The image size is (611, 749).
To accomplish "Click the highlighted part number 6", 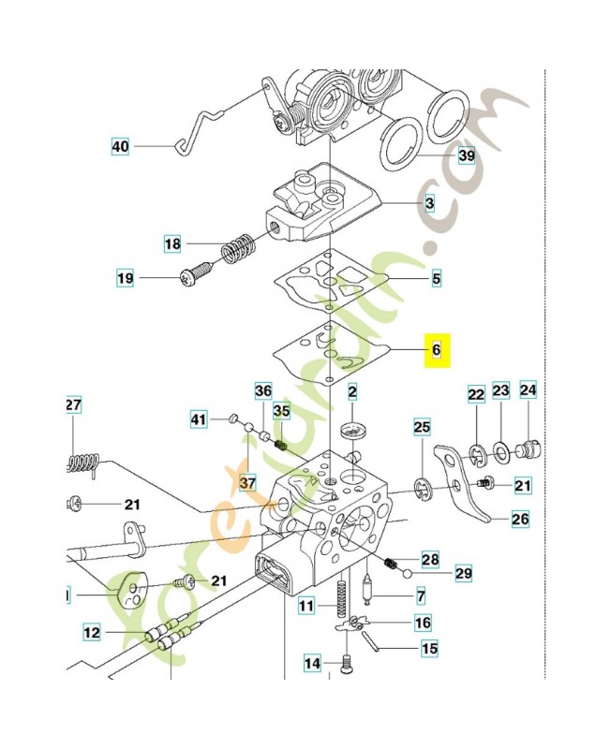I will coord(436,350).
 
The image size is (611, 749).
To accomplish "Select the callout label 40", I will coord(120,147).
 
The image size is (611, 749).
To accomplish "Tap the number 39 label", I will coord(466,155).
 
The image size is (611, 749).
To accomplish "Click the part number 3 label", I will coord(429,202).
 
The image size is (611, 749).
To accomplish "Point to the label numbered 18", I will coord(172,244).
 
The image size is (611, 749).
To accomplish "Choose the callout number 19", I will coord(125,277).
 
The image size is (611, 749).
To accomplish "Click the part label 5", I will coord(436,278).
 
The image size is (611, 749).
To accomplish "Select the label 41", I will coord(197,419).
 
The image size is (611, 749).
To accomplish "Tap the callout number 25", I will coord(422,428).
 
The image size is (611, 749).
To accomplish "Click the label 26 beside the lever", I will coord(520,518).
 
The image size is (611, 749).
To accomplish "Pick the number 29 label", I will coord(463,572).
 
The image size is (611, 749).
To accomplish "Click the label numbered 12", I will coord(91,632).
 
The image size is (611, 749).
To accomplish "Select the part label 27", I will coord(74,404).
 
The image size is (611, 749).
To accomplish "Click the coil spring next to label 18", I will coord(238,250).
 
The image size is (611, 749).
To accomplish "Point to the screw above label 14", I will coord(345,665).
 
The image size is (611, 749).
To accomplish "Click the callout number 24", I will coord(528,390).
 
